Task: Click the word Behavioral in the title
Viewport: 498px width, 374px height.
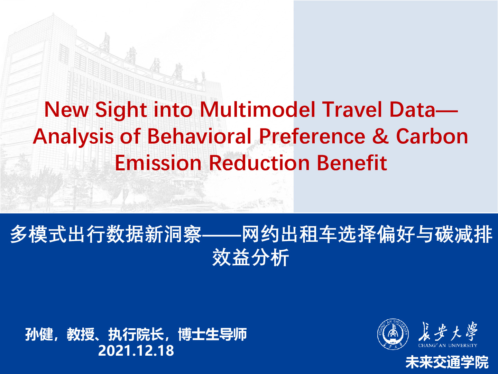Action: [x=200, y=136]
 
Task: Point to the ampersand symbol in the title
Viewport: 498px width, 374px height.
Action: [x=381, y=136]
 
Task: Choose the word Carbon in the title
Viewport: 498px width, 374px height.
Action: [x=432, y=136]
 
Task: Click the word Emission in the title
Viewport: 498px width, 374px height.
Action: [x=158, y=163]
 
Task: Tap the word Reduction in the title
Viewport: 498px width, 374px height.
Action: [x=259, y=163]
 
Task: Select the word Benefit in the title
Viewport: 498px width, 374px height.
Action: [x=352, y=163]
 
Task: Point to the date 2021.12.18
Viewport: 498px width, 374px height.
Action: [x=136, y=350]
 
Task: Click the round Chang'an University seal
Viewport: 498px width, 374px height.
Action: [x=393, y=334]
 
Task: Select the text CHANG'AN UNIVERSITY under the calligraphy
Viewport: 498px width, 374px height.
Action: [x=448, y=345]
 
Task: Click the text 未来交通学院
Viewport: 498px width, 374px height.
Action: [x=447, y=362]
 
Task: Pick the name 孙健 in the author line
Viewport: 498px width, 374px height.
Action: [x=39, y=334]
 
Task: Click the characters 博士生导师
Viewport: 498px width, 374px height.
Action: [x=212, y=334]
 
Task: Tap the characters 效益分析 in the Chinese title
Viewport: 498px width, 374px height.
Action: [x=250, y=257]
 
